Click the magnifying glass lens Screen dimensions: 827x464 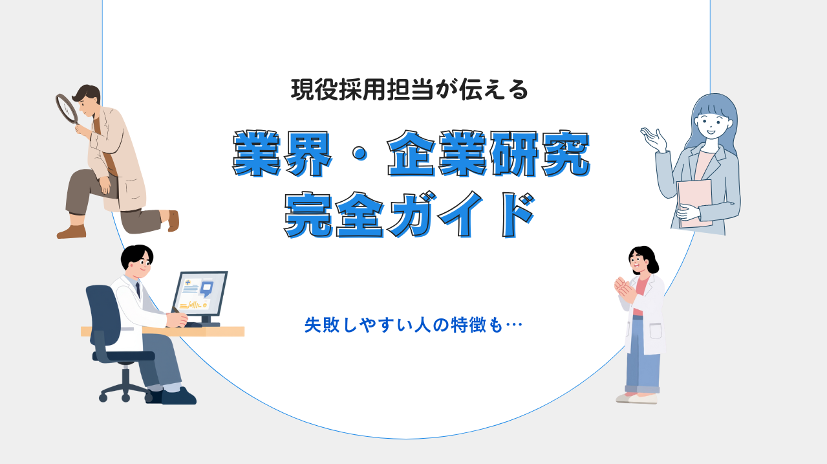tap(67, 108)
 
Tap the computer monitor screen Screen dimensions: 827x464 tap(200, 293)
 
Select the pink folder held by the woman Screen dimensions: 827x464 tap(694, 204)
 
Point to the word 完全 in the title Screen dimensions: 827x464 tap(334, 215)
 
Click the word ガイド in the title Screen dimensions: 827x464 tap(462, 215)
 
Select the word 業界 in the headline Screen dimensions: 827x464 tap(283, 153)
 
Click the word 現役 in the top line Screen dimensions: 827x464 tap(314, 89)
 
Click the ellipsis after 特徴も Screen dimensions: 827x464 tap(514, 325)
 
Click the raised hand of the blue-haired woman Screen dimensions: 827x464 tap(654, 139)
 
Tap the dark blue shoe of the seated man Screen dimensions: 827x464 tap(178, 396)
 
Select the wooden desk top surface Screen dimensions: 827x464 tap(162, 331)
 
